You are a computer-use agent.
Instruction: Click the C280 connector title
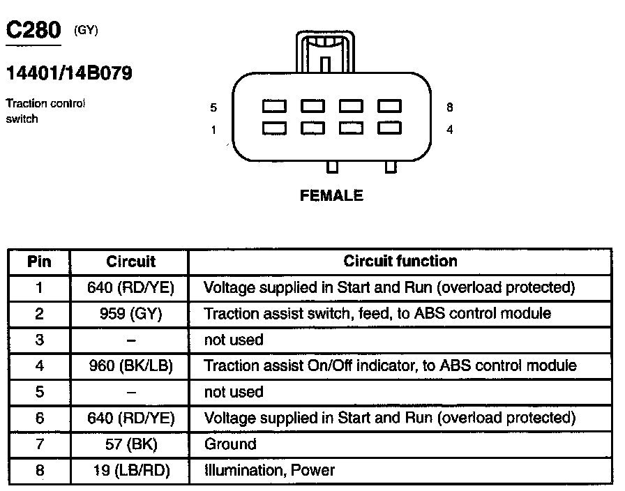33,31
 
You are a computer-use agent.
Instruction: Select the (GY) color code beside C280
86,30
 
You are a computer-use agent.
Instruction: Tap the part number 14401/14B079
69,73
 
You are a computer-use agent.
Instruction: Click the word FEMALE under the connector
331,196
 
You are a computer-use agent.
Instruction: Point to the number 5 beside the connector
213,107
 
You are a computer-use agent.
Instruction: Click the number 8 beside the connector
450,107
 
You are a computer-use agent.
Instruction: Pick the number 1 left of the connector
213,130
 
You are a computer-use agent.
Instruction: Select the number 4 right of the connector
450,130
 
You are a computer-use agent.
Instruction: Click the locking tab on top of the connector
325,52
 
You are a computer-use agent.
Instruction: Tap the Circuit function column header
400,262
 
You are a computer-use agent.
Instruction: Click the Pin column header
39,262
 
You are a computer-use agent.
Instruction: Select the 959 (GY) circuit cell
130,314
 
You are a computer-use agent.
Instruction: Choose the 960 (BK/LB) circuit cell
130,365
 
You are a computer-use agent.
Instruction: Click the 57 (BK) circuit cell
130,444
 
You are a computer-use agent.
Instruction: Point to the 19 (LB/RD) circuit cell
130,471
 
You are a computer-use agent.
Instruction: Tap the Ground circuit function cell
230,444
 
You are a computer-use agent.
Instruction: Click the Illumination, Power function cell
269,471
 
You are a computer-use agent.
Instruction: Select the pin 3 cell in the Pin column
39,340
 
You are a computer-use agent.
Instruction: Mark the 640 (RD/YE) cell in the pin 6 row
130,418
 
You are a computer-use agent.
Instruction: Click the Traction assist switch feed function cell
377,314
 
